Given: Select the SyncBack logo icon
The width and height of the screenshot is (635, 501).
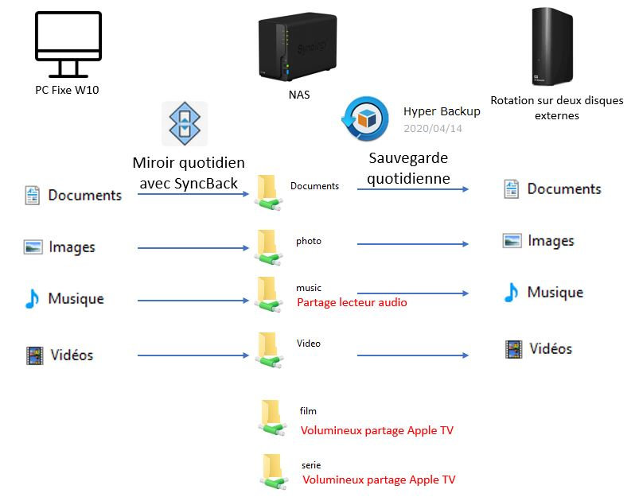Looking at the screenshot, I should (x=185, y=123).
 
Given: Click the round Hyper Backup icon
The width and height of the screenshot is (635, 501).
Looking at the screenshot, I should (x=365, y=118).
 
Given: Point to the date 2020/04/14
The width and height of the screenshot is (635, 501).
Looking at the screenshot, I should (x=432, y=128).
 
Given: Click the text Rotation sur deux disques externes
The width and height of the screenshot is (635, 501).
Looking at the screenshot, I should (x=545, y=108).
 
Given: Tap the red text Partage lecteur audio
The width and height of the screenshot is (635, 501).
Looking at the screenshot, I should (x=351, y=302).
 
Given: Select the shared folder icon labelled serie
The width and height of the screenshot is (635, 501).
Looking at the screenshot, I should (x=271, y=470).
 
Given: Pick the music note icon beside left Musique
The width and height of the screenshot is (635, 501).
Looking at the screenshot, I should (x=32, y=299).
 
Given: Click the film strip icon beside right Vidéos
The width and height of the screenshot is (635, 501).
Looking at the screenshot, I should (x=513, y=348).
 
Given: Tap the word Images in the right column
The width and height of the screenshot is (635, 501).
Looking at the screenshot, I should (x=551, y=241).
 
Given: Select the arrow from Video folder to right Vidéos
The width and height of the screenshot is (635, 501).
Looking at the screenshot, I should (x=412, y=355).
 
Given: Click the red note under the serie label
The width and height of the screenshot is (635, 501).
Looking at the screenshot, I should (x=379, y=480).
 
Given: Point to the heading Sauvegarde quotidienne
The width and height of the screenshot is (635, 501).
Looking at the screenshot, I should (x=409, y=169).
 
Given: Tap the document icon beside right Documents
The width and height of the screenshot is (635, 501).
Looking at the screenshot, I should (x=512, y=189).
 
